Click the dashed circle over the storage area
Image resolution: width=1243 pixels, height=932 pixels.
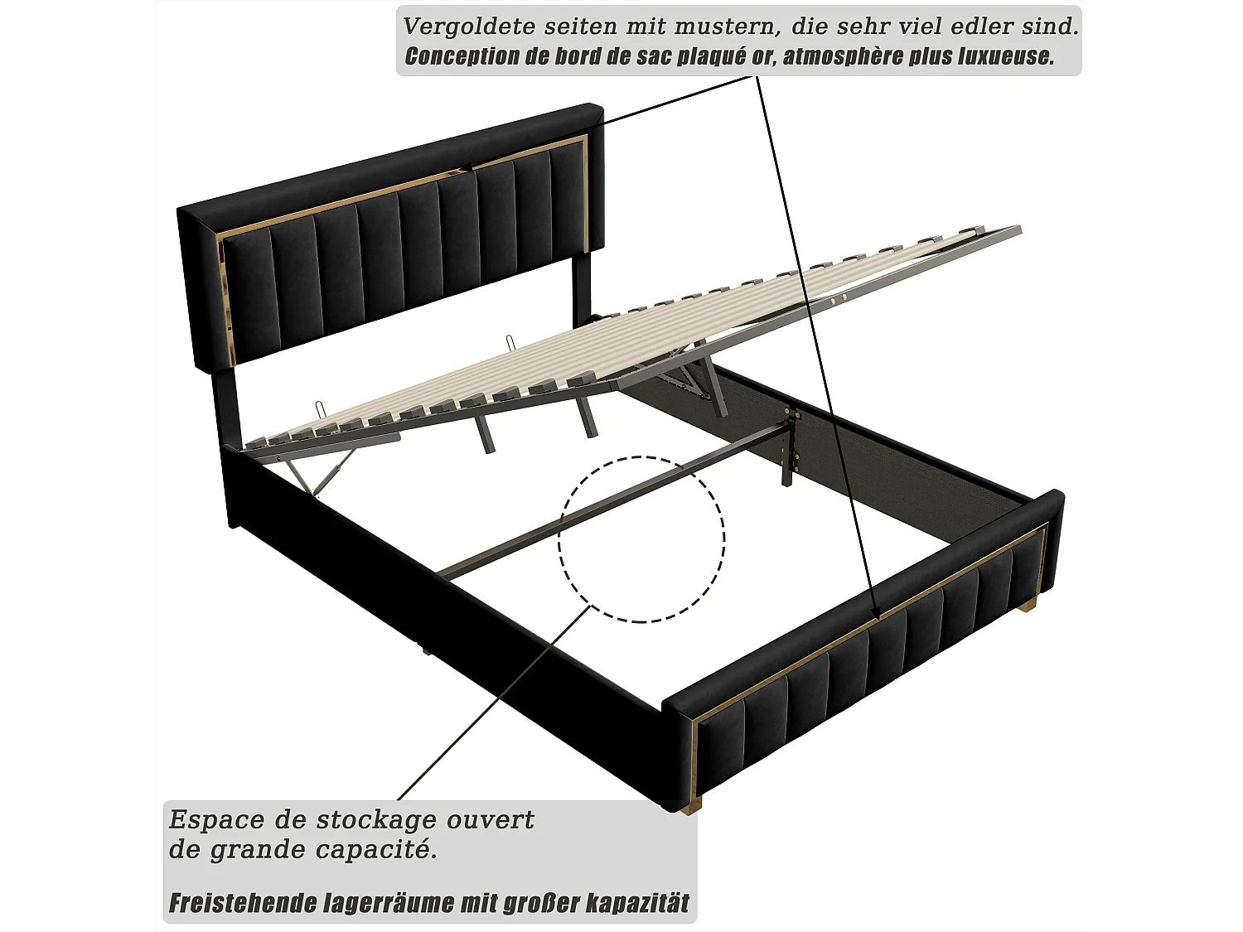[641, 538]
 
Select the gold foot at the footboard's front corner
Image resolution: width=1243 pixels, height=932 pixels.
[690, 804]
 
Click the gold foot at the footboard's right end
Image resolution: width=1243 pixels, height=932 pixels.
[1028, 607]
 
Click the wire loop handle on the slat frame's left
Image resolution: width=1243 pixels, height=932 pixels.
[322, 411]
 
